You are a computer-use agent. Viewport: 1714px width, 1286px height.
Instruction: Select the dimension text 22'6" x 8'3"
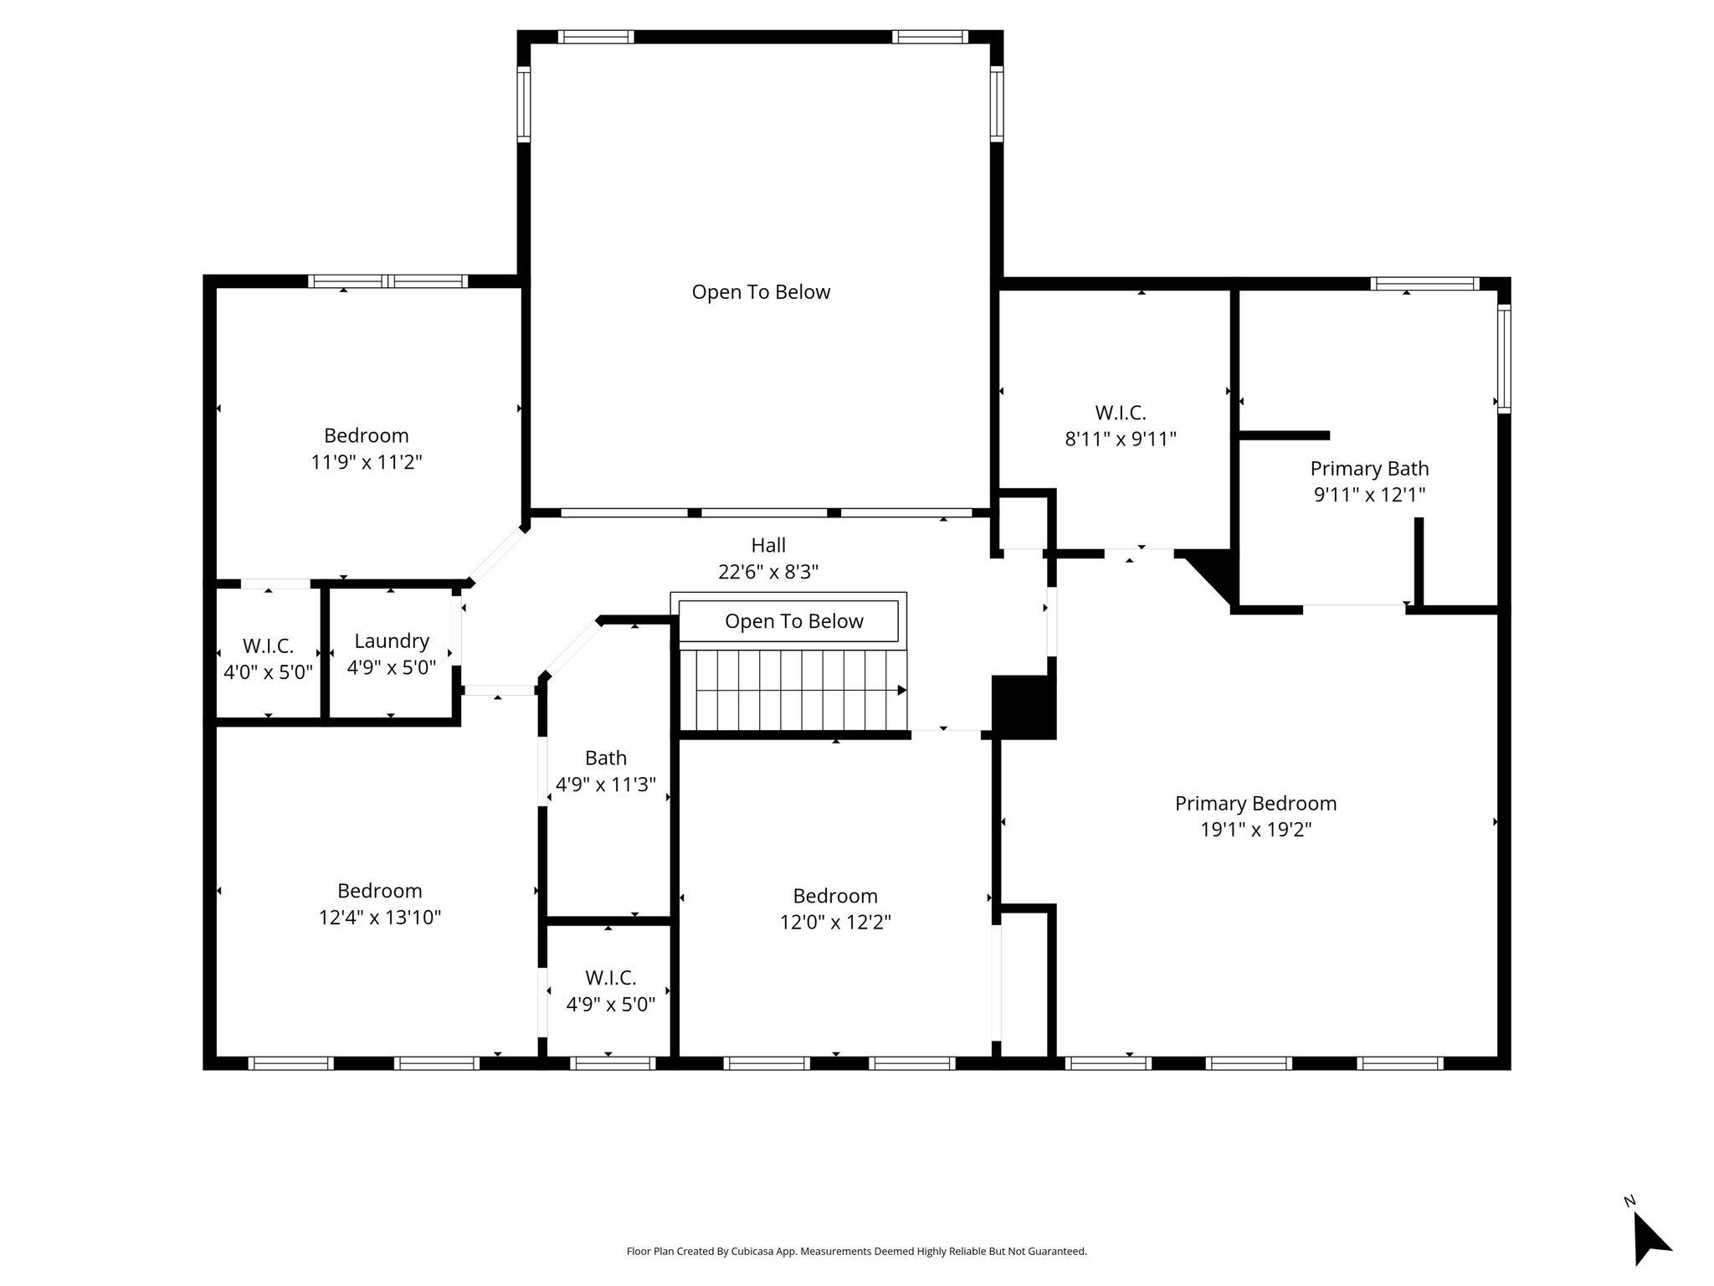click(x=768, y=572)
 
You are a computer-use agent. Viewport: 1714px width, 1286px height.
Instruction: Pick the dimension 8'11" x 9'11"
click(x=1121, y=439)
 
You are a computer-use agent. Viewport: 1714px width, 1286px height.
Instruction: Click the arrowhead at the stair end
click(x=902, y=691)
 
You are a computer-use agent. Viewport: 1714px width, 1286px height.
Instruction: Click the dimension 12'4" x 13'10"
click(x=380, y=918)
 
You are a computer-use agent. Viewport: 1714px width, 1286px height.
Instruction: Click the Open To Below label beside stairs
click(x=794, y=621)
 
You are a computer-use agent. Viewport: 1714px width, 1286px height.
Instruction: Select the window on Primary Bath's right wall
click(x=1504, y=358)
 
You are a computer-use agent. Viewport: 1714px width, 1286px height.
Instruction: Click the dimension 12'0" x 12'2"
click(x=835, y=923)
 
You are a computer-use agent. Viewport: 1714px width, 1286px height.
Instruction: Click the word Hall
click(x=768, y=546)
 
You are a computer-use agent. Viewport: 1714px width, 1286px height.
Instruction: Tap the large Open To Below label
click(x=761, y=292)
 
